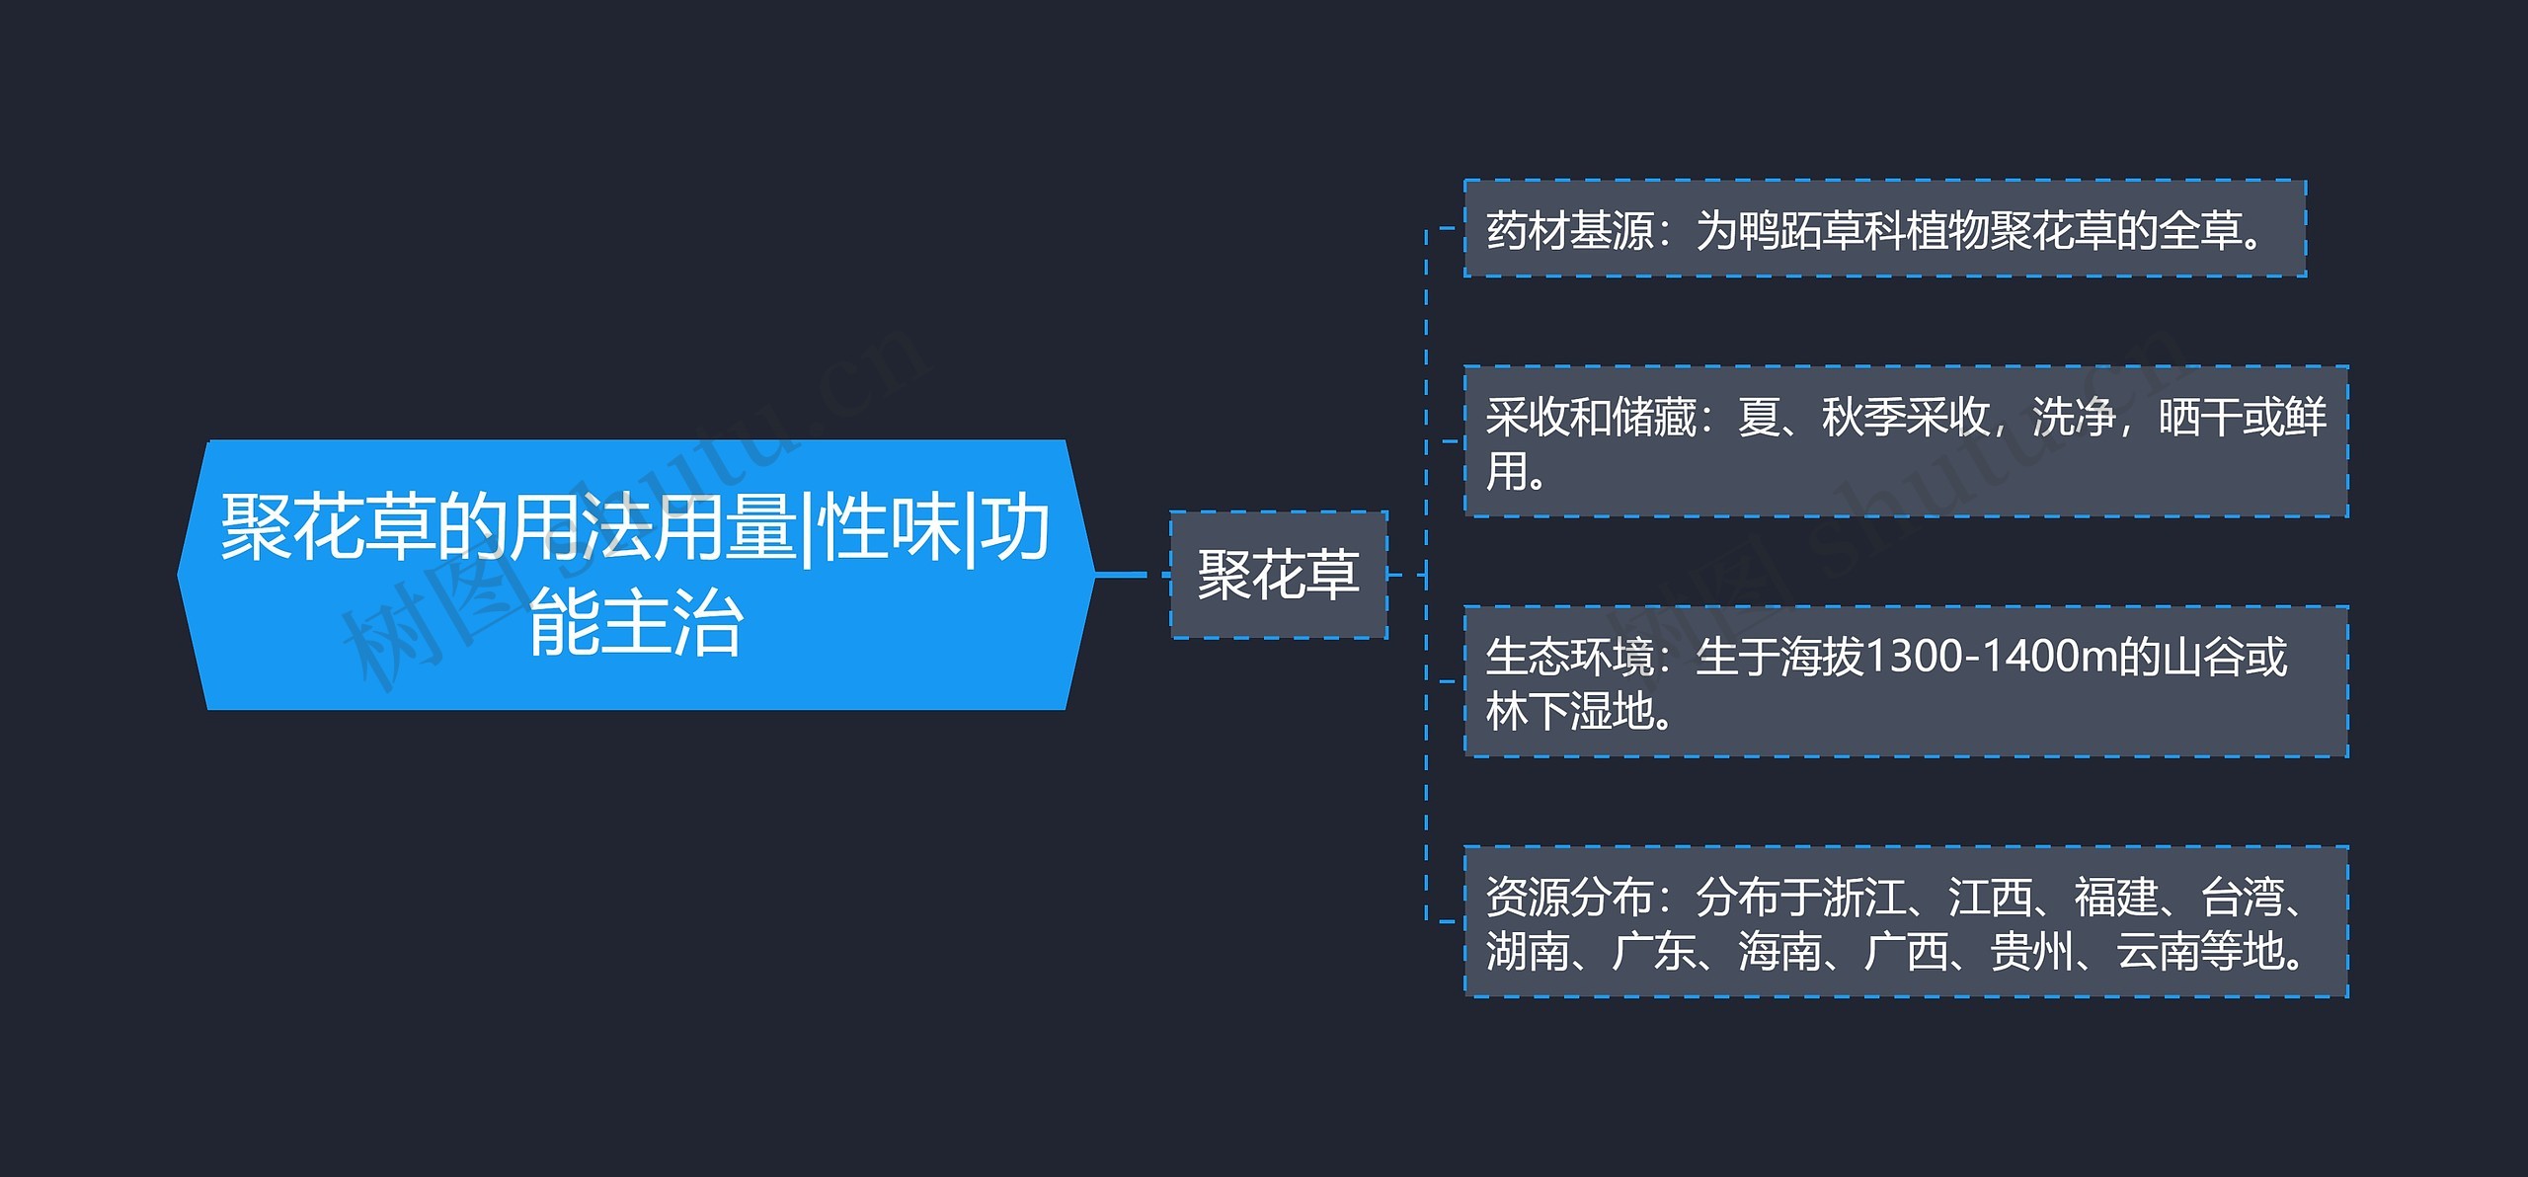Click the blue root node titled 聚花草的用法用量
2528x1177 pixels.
point(636,574)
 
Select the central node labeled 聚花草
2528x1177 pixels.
point(1279,575)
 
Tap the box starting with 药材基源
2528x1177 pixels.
point(1884,229)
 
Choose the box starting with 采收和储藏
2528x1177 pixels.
point(1906,441)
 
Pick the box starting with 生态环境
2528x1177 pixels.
point(1906,681)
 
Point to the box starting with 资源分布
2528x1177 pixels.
point(1906,921)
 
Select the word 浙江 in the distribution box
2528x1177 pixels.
point(1863,897)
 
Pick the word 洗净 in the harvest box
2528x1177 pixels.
point(2074,417)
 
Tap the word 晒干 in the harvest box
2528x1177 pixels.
point(2200,417)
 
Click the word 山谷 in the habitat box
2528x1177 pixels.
point(2203,657)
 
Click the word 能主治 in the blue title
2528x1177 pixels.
point(636,623)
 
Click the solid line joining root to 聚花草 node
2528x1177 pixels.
point(1120,574)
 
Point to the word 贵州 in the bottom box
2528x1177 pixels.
point(2031,950)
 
